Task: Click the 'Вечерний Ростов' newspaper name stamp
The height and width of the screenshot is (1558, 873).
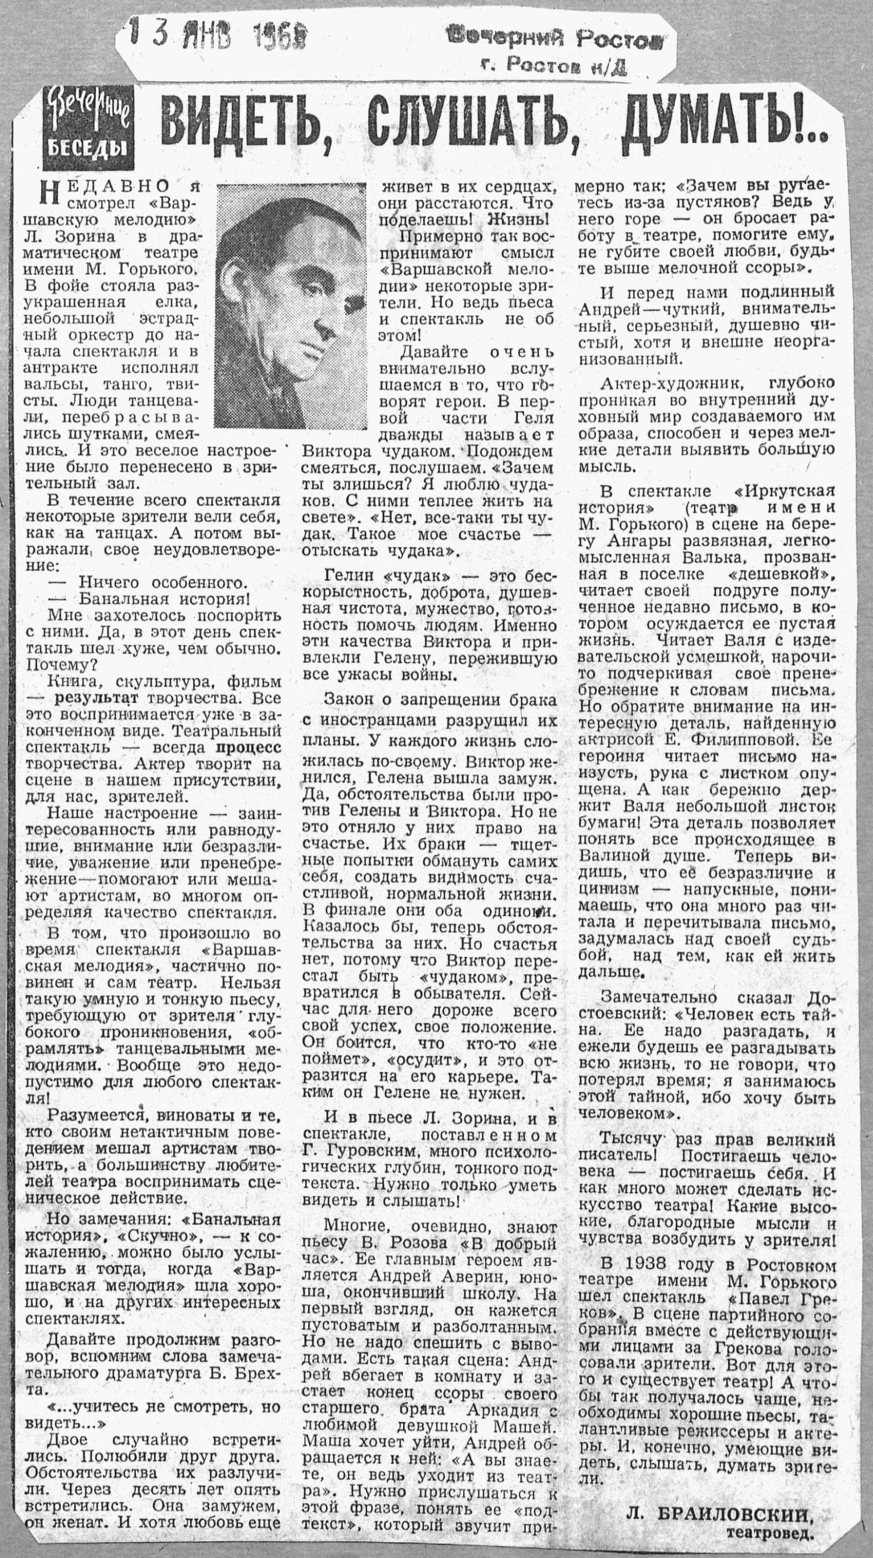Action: (555, 40)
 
